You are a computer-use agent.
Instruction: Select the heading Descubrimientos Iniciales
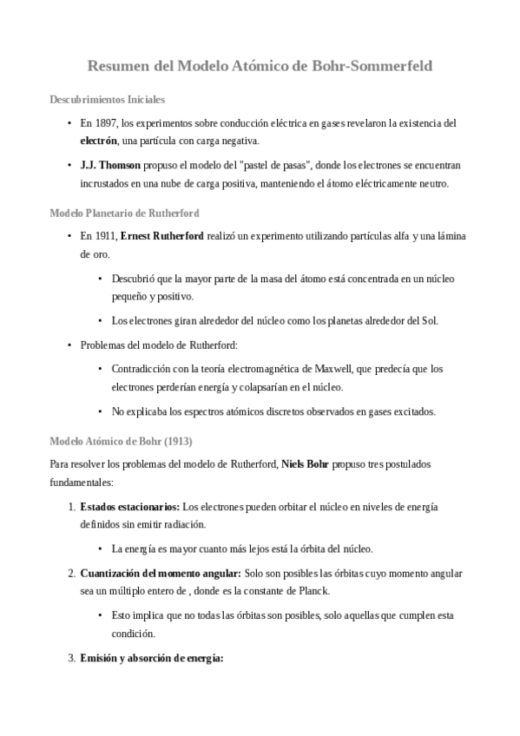pos(108,100)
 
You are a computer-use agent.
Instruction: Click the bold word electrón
pos(98,141)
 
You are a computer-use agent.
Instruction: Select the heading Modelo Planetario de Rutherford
pos(125,212)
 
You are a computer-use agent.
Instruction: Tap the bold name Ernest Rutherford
pos(162,235)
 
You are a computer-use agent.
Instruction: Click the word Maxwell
pos(352,369)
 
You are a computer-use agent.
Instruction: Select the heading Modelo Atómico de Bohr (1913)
pos(121,441)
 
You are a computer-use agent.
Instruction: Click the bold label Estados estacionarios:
pos(130,507)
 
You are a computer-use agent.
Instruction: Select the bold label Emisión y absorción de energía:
pos(152,658)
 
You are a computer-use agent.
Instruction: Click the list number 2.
pos(71,574)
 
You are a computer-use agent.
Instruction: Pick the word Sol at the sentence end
pos(431,321)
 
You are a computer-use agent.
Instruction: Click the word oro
pos(89,254)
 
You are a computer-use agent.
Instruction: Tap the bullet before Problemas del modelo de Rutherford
pos(69,345)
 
